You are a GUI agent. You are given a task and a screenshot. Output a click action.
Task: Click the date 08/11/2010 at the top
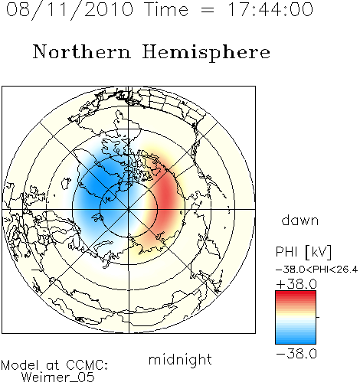tap(70, 9)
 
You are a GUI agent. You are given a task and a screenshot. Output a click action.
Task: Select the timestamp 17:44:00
tap(270, 9)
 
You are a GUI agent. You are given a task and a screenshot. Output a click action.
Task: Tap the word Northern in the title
tap(82, 51)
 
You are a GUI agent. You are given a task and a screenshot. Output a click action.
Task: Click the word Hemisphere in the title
tap(206, 53)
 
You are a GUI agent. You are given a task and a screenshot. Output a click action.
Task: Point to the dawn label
tap(300, 220)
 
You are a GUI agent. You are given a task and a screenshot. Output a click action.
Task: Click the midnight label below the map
tap(180, 359)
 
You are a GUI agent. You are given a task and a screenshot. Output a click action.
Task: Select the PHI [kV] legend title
tap(303, 252)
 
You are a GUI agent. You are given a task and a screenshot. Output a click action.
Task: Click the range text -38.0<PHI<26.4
tap(316, 270)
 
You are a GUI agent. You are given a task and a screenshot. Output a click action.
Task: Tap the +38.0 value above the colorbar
tap(296, 284)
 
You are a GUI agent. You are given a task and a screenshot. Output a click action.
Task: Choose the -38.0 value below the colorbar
tap(296, 354)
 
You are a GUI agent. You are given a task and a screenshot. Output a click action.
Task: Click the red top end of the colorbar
tap(296, 293)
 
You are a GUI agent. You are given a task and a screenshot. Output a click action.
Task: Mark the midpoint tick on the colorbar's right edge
tap(318, 317)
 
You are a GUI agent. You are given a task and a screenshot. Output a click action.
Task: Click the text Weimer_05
tap(57, 378)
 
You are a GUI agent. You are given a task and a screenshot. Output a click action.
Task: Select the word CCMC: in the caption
tap(87, 365)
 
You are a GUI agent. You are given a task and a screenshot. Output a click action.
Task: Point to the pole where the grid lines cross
tap(129, 210)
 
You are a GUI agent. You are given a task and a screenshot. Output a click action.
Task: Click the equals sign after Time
tap(207, 10)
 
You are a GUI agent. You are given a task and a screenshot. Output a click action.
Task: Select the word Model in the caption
tap(20, 365)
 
